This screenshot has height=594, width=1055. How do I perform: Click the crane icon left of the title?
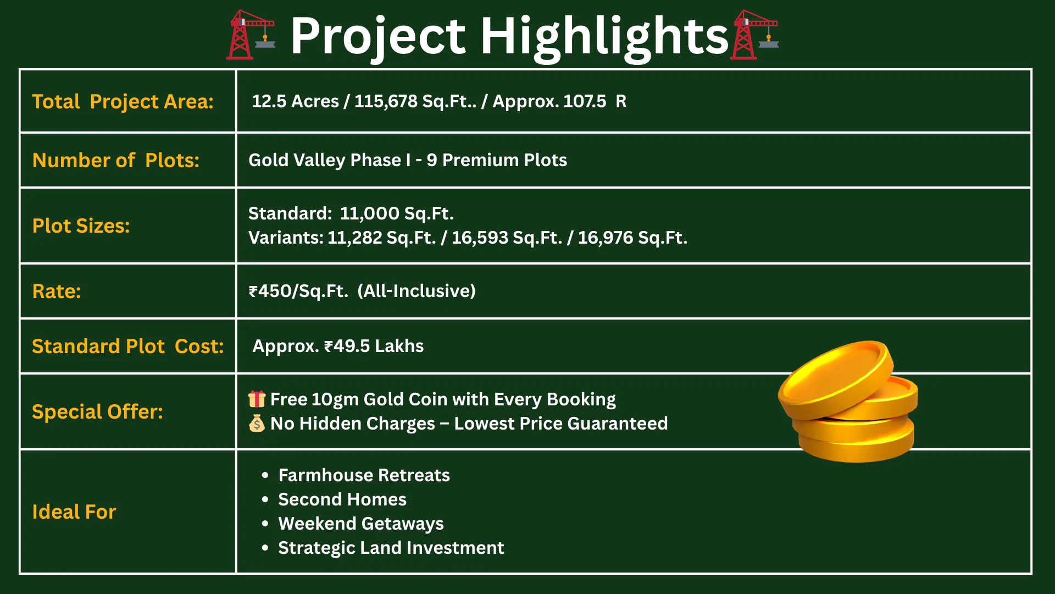coord(251,35)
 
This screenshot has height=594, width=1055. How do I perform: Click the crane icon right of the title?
coord(754,35)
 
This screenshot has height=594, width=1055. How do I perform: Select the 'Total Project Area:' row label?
coord(123,102)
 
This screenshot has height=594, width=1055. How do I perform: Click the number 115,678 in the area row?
coord(386,101)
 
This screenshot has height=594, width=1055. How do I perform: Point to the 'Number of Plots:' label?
coord(115,160)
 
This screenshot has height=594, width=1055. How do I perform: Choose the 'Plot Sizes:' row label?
coord(81,226)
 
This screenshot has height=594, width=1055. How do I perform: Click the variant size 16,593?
coord(480,238)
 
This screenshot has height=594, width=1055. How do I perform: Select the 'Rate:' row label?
coord(56,291)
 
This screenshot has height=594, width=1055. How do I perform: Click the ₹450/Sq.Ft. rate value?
coord(298,291)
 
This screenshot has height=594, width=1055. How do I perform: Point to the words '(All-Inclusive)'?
coord(417,291)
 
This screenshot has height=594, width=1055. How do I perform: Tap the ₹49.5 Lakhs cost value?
coord(374,346)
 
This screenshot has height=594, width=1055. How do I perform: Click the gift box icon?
coord(257,399)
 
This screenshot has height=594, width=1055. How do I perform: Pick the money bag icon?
coord(257,423)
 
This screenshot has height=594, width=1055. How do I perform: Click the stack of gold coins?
coord(848,402)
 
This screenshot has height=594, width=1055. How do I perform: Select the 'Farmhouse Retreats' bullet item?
coord(364,475)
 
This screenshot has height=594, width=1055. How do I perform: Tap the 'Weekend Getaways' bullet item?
coord(360,524)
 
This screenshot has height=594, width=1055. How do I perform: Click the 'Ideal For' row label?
coord(74,512)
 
